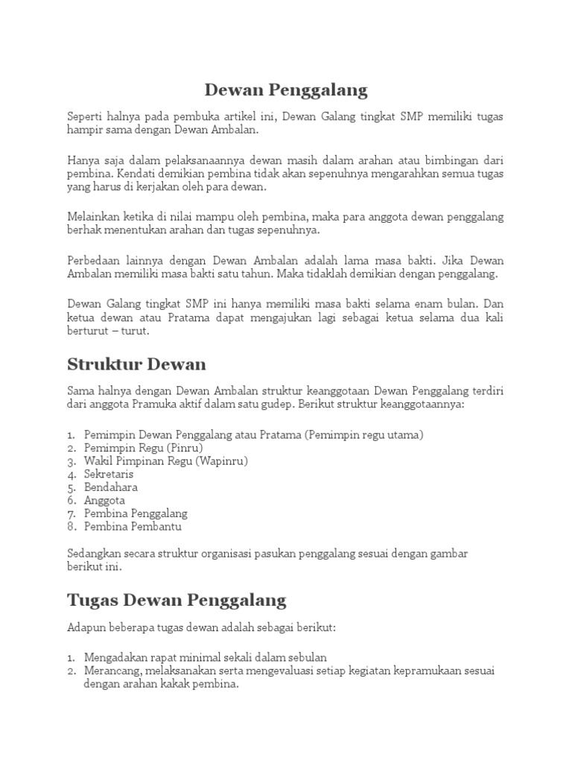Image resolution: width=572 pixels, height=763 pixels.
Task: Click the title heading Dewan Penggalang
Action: (286, 90)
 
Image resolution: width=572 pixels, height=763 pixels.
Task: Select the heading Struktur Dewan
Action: (136, 364)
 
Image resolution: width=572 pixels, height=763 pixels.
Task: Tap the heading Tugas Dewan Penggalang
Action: (177, 600)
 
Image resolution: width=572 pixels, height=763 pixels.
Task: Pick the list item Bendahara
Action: (111, 487)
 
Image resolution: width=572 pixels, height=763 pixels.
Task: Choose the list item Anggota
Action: (105, 501)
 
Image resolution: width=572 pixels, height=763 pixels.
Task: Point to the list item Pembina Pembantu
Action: (133, 527)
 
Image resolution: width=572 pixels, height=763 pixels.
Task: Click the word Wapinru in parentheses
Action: (222, 460)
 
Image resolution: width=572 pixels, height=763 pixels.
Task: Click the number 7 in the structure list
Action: (71, 514)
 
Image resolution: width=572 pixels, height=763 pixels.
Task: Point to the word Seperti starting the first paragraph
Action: (86, 115)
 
